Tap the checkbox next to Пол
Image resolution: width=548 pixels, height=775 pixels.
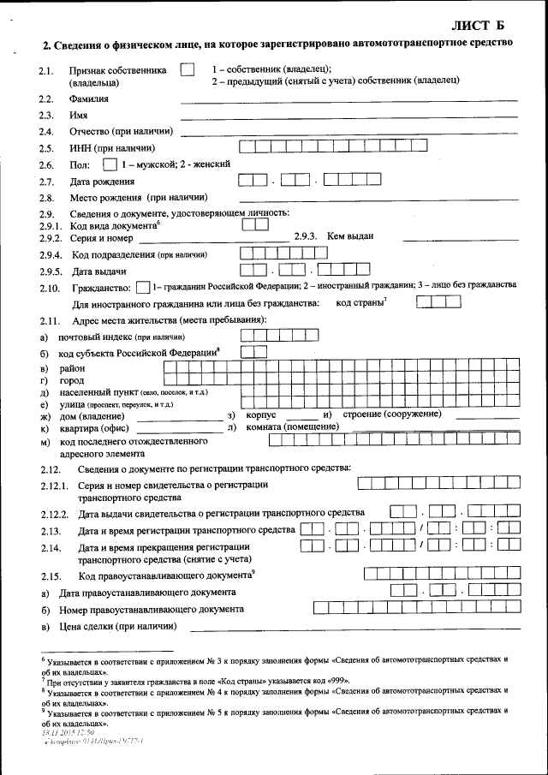(x=108, y=164)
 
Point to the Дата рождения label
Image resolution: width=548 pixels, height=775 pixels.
(x=103, y=181)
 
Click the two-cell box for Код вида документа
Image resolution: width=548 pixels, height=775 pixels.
(x=254, y=224)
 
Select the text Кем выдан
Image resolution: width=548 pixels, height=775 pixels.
(x=350, y=237)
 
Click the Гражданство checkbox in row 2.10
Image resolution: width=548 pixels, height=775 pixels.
(x=143, y=286)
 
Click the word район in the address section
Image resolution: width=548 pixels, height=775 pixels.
(x=72, y=367)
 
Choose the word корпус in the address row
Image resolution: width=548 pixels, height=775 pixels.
(x=263, y=414)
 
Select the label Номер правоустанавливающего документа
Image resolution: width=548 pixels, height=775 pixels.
(x=151, y=610)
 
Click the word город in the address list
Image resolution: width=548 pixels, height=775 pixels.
(x=71, y=379)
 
